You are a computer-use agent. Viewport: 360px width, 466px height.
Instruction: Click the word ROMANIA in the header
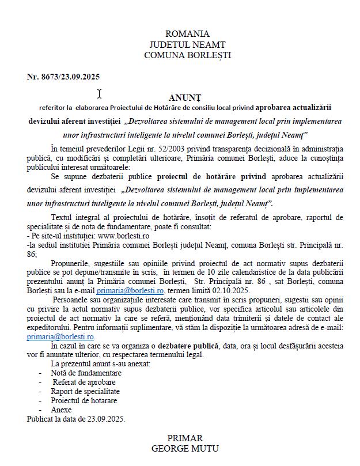tap(187, 34)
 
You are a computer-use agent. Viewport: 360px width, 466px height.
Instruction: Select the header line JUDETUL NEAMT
tap(187, 44)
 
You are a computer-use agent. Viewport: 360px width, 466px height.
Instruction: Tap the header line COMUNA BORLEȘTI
tap(187, 55)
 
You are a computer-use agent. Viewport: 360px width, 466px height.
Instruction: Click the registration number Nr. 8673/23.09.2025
tap(63, 77)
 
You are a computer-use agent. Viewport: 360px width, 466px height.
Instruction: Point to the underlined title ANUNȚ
tap(185, 97)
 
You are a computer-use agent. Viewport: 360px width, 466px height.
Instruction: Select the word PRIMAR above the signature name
tap(185, 438)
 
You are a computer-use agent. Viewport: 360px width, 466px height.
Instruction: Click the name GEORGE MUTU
tap(185, 448)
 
